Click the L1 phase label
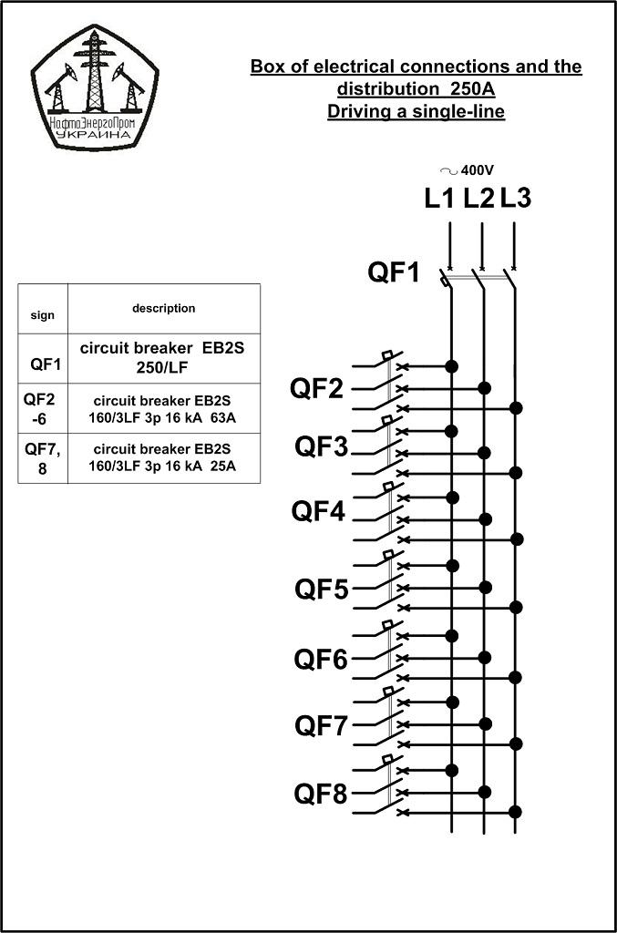tap(439, 198)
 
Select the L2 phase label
tap(478, 198)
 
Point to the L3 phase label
tap(515, 198)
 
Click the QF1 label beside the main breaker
tap(394, 272)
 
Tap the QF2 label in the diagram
tap(316, 388)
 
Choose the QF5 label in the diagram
tap(322, 590)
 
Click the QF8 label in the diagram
tap(321, 794)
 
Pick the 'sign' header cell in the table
tap(43, 309)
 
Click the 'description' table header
tap(164, 309)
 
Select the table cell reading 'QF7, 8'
tap(43, 458)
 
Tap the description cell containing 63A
tap(164, 409)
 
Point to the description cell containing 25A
tap(164, 458)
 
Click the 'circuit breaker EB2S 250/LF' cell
tap(164, 359)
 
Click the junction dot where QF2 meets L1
tap(452, 366)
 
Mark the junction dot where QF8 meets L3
tap(516, 812)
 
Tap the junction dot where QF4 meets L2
tap(485, 519)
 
